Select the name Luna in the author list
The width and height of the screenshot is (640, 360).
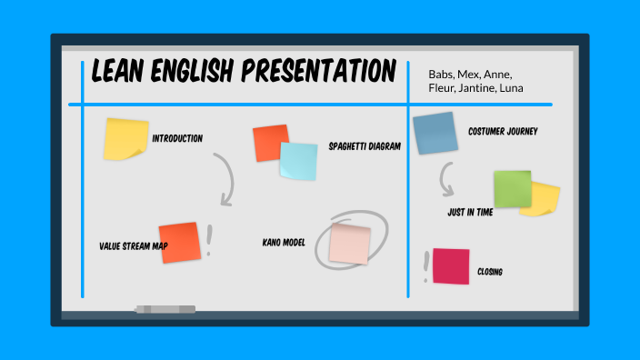pyautogui.click(x=507, y=88)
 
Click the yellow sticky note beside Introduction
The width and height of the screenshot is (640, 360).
pyautogui.click(x=125, y=138)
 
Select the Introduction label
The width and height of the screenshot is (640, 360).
pyautogui.click(x=177, y=138)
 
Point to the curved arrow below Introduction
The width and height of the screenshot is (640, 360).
pyautogui.click(x=225, y=178)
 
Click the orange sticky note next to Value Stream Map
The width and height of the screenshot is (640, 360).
pyautogui.click(x=179, y=242)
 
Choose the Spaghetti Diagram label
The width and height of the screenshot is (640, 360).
pyautogui.click(x=365, y=145)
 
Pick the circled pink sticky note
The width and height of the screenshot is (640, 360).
pyautogui.click(x=350, y=243)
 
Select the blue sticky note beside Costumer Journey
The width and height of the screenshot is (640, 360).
pyautogui.click(x=435, y=133)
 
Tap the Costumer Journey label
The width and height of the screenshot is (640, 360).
pyautogui.click(x=503, y=132)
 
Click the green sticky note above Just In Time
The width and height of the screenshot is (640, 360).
pyautogui.click(x=512, y=189)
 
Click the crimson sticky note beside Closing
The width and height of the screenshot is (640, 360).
pyautogui.click(x=451, y=266)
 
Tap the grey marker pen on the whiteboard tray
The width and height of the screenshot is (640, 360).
pyautogui.click(x=165, y=310)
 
